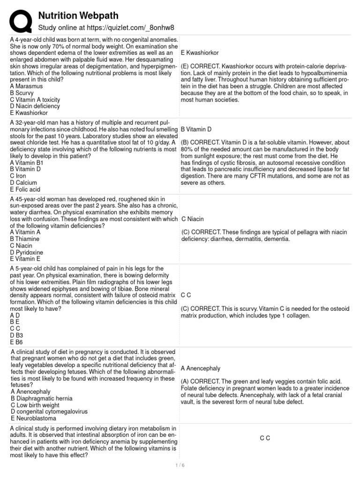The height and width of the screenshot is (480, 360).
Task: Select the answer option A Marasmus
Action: pos(26,86)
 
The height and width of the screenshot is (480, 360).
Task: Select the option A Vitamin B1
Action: pos(26,163)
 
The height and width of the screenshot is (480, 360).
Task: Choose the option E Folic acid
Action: pos(25,189)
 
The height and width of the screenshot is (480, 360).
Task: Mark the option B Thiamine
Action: pos(25,239)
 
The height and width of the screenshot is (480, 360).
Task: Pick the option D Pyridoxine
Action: pos(27,252)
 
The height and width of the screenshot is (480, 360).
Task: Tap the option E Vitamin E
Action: pos(25,259)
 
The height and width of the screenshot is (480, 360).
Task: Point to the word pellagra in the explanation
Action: pos(287,232)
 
